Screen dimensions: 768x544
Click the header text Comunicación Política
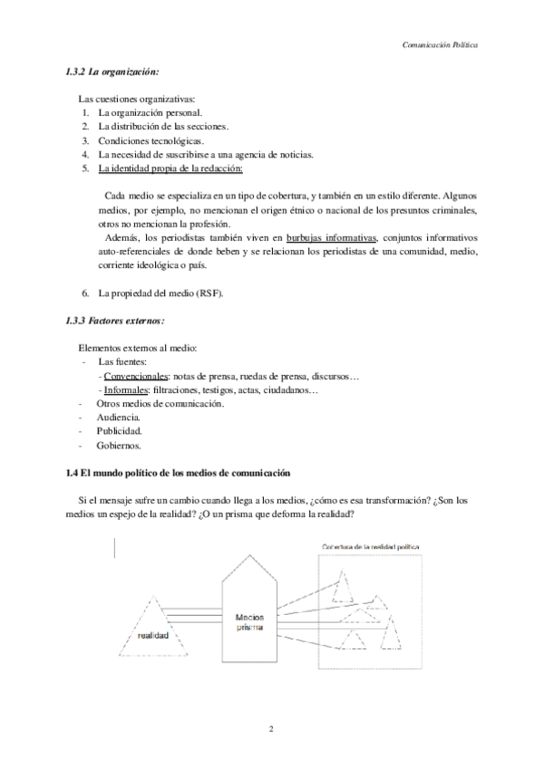440,43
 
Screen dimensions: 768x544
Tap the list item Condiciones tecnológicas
151,140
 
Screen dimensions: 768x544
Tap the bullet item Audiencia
119,418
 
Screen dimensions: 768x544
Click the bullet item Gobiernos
120,446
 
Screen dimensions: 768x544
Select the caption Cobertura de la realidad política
371,547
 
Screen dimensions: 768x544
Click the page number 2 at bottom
271,728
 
